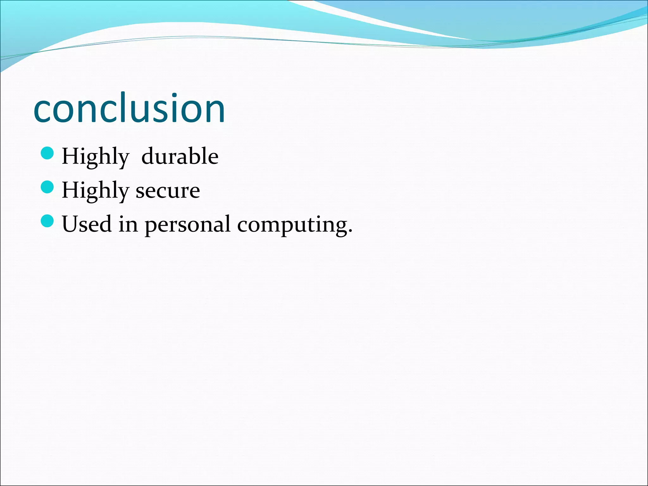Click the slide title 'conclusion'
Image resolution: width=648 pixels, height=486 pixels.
click(x=129, y=108)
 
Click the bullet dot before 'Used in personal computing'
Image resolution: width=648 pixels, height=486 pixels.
click(x=47, y=221)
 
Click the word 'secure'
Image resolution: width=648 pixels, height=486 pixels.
click(x=168, y=191)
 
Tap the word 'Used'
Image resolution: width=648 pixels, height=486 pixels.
click(x=87, y=224)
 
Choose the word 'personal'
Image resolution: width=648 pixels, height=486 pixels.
click(x=187, y=225)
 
